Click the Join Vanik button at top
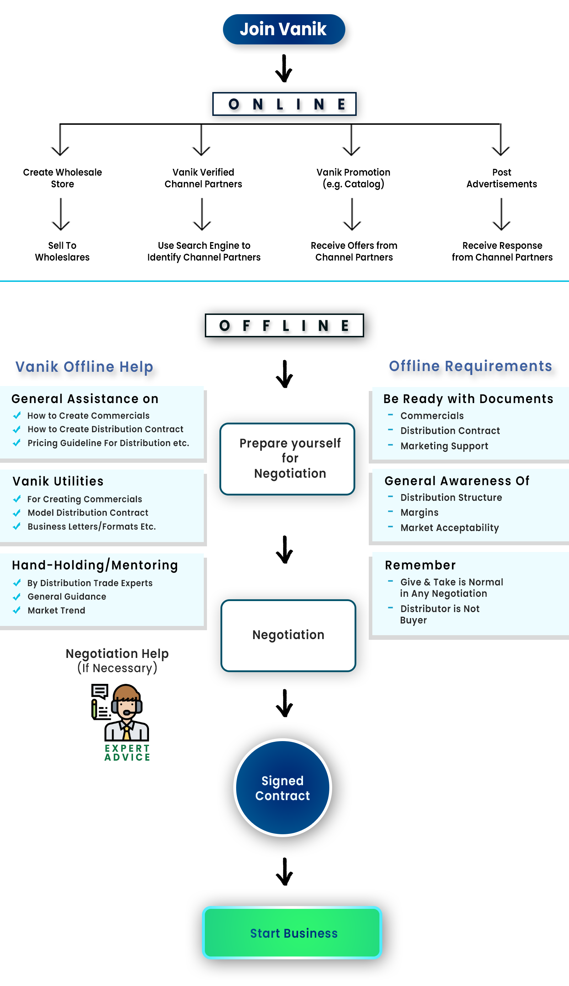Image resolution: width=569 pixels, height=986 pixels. tap(284, 29)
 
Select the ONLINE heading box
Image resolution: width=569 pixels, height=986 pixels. tap(284, 104)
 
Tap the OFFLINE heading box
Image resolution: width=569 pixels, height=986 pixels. tap(284, 325)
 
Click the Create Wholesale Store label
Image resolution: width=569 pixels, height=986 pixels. tap(63, 178)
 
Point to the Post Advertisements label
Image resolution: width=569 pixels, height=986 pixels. tap(501, 178)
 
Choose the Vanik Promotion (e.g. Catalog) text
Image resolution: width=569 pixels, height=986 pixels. tap(353, 178)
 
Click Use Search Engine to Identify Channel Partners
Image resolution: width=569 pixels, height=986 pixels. tap(204, 251)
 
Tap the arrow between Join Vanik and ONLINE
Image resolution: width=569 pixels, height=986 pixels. tap(284, 68)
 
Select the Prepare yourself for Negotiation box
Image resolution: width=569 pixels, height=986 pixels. tap(287, 459)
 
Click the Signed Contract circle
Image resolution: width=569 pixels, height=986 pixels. tap(283, 788)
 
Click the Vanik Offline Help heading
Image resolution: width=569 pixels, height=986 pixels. tap(84, 367)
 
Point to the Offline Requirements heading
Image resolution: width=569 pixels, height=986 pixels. tap(470, 366)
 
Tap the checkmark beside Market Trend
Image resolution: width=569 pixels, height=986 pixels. tap(17, 610)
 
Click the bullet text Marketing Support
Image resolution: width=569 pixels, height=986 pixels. tap(444, 446)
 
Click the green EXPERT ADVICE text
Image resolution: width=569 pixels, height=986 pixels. tap(127, 752)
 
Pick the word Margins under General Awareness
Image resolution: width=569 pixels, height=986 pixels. tap(419, 512)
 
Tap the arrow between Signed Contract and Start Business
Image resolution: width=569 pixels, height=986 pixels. tap(284, 872)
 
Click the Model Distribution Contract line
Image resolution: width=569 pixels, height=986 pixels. tap(88, 513)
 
